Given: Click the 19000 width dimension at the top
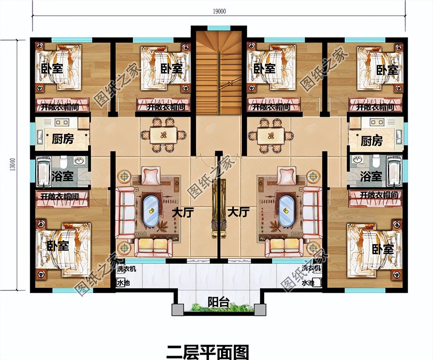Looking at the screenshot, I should coord(219,11).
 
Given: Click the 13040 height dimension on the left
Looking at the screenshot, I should coord(12,164).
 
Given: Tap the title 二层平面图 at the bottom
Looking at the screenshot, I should coord(208,352).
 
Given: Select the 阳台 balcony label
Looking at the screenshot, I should coord(218,302).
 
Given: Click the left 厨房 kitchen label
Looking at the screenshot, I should coord(63,138).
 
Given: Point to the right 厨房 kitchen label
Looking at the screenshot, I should coord(371,141).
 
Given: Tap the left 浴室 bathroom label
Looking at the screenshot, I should coord(62,176).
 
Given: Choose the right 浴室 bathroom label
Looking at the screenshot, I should coord(371,176).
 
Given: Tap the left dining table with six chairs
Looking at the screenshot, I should coord(163,135).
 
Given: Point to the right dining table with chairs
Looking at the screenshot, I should coord(271,136).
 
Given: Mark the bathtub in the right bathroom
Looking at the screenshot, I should coord(394,172).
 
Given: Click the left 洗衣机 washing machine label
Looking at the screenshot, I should coord(127,269).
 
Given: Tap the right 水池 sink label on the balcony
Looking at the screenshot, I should coord(308,283).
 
